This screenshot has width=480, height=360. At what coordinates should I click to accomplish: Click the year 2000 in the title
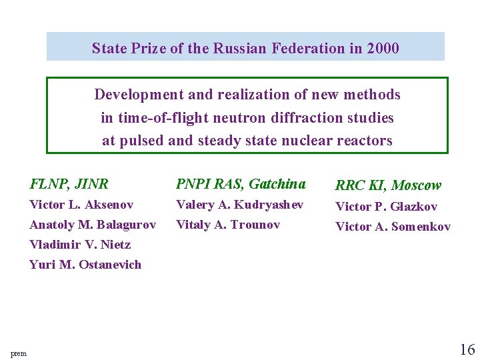383,48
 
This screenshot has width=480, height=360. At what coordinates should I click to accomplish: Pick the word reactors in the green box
365,141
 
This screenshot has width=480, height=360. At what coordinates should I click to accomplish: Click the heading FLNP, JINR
69,184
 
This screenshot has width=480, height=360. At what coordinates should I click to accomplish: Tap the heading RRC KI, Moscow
388,185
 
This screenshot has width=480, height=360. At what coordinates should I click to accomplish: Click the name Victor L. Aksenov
81,205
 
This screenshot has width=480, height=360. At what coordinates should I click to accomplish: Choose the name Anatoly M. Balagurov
93,225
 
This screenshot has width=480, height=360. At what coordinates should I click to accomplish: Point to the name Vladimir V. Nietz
80,245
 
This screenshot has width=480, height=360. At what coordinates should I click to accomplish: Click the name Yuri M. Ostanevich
85,265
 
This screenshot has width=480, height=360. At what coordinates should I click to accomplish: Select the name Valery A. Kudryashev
239,205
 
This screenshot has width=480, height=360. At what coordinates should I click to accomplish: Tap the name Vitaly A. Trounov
227,225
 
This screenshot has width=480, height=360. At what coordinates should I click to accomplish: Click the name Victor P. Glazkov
386,207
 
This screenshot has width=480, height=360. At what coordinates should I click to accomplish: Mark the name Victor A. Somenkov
393,227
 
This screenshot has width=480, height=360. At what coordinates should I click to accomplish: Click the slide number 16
467,349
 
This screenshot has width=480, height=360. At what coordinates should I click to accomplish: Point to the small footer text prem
19,353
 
